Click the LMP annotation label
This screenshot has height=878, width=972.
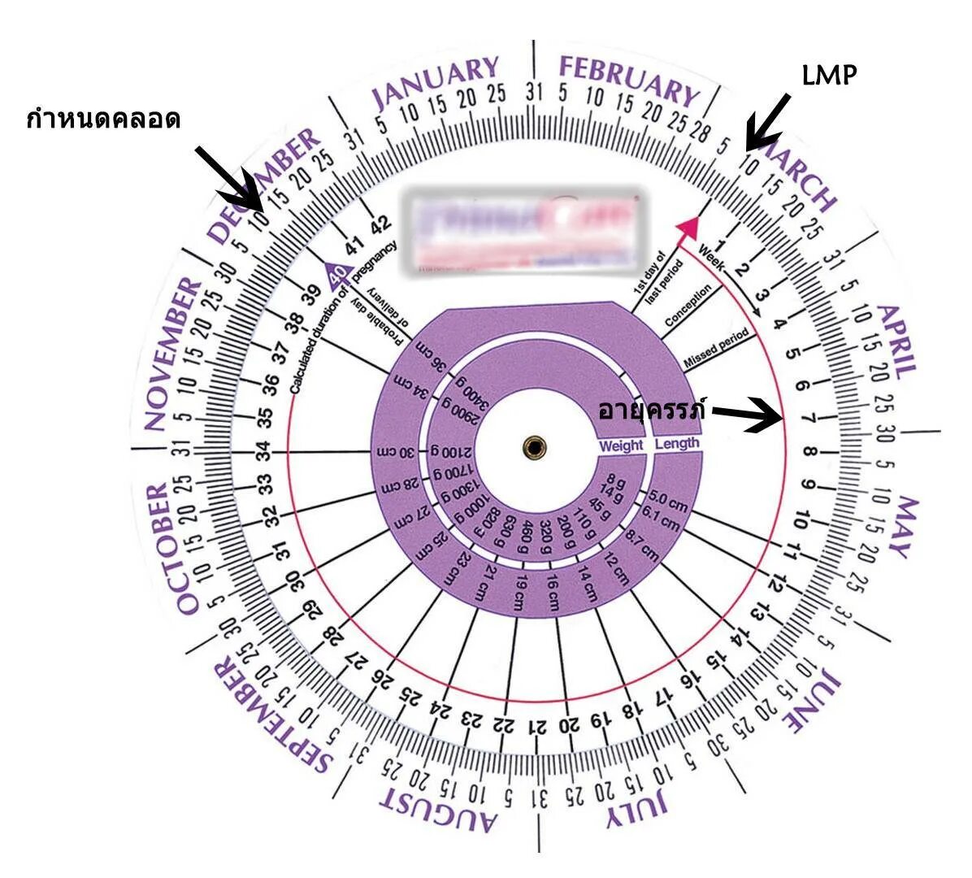pos(829,76)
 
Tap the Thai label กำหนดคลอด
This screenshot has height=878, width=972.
pos(104,120)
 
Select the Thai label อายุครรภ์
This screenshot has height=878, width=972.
pos(651,408)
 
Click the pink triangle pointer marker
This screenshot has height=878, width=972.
pos(690,227)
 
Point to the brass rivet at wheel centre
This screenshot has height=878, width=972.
pos(535,446)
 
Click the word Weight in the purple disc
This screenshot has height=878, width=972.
pos(621,446)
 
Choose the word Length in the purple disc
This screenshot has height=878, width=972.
pos(676,444)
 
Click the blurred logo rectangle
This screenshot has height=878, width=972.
pos(524,231)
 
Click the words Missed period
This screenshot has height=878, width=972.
pos(716,347)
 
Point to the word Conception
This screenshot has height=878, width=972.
pos(688,305)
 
